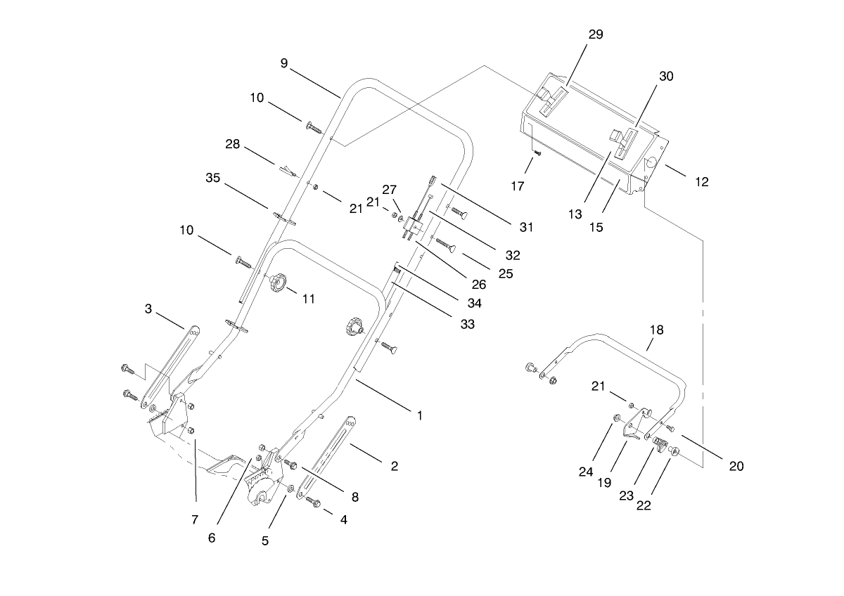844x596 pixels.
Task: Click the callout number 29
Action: click(595, 34)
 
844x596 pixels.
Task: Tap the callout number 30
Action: click(665, 77)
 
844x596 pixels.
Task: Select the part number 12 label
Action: click(701, 182)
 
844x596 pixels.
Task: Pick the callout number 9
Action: click(284, 63)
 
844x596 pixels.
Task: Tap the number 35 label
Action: click(213, 178)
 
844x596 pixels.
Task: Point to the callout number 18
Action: click(656, 330)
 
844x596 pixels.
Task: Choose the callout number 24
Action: click(586, 472)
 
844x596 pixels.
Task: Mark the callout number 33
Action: click(467, 324)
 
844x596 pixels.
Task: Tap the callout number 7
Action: click(195, 519)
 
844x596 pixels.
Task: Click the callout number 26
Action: click(479, 285)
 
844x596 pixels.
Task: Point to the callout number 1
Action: click(419, 415)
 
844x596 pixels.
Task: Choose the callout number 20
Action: click(736, 465)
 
